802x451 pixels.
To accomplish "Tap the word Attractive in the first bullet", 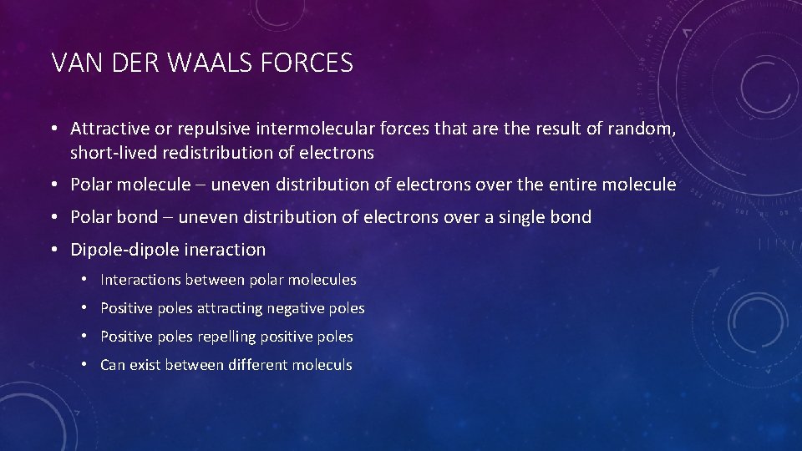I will (x=109, y=129).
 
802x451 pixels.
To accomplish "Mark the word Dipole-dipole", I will (x=124, y=249).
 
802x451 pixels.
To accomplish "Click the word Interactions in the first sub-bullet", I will (x=140, y=280).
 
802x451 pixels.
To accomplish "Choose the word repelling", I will (x=226, y=337).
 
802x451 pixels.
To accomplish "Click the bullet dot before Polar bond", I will (x=53, y=217).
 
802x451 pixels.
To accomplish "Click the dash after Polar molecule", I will (x=201, y=185).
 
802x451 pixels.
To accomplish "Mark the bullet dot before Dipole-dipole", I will (x=53, y=249).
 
